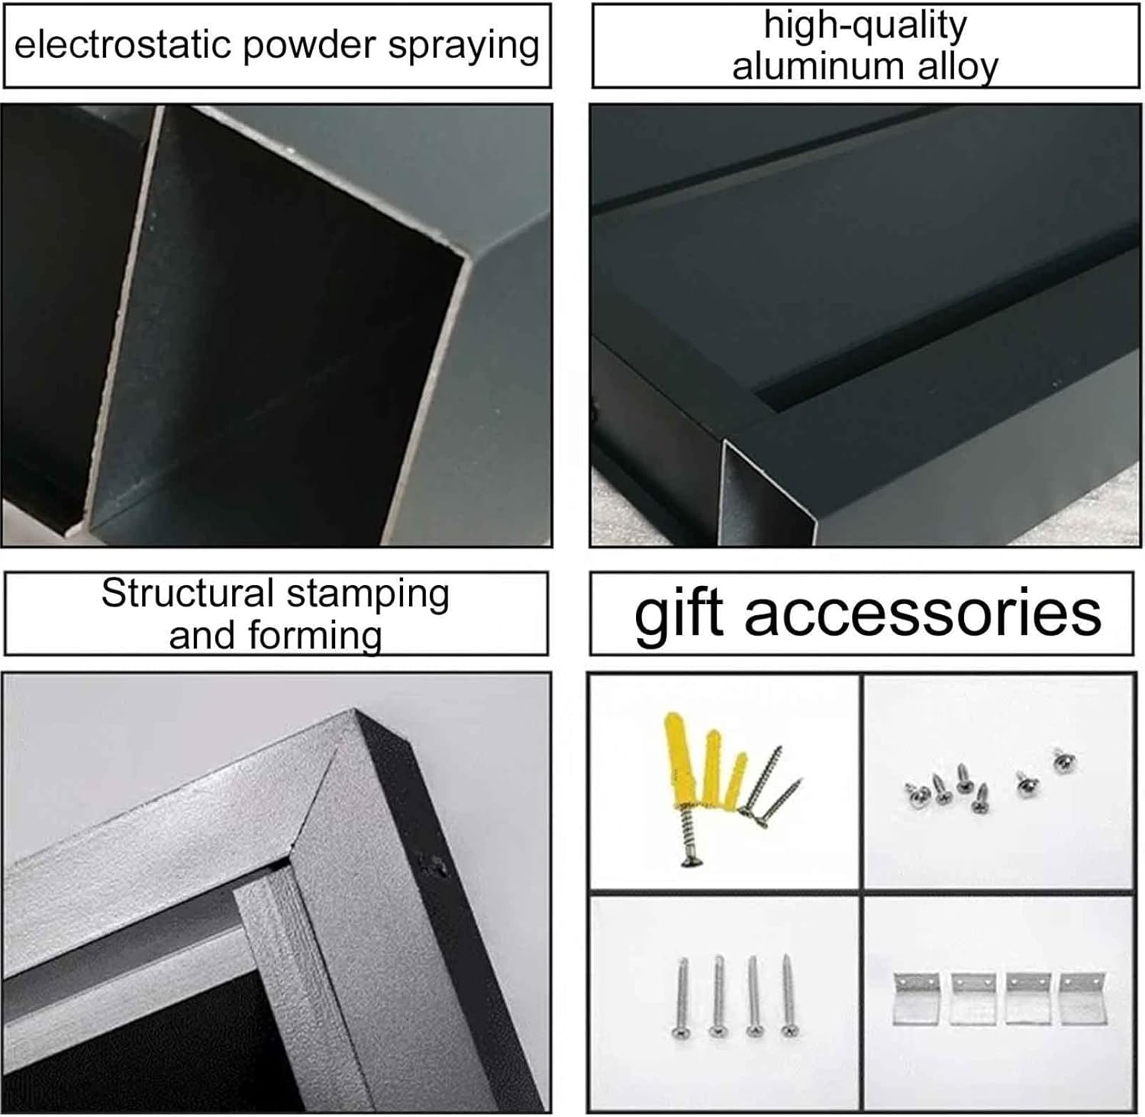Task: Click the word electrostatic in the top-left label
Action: pos(122,45)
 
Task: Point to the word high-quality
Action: pos(865,25)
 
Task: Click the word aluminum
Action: pos(819,66)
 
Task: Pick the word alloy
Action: pos(957,67)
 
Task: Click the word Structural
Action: pos(187,593)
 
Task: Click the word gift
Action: pos(678,613)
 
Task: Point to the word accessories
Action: pos(923,613)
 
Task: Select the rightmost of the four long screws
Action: pos(789,995)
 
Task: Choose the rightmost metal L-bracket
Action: pos(1082,996)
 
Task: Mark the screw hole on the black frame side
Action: pos(436,865)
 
